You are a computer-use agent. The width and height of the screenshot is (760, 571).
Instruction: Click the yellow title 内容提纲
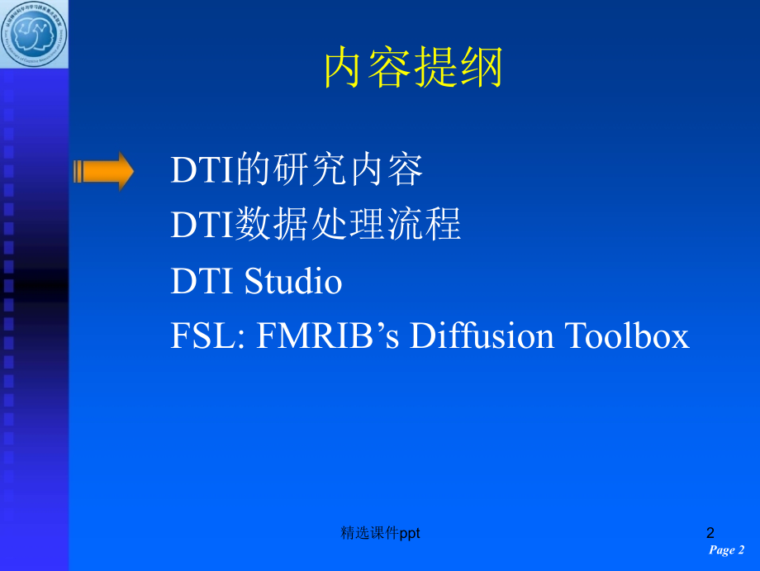click(x=413, y=68)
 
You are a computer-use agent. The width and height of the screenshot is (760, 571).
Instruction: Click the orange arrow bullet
click(x=103, y=171)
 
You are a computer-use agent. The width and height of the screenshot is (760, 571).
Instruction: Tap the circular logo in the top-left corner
click(x=34, y=34)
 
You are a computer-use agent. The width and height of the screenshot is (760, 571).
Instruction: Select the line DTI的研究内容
click(x=297, y=171)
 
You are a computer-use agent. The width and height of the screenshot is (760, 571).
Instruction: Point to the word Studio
click(x=293, y=282)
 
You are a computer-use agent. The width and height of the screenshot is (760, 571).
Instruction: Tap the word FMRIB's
click(x=333, y=336)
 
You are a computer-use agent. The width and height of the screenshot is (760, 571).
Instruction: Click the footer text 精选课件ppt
click(x=381, y=534)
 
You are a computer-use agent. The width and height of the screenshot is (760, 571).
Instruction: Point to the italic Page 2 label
click(x=727, y=550)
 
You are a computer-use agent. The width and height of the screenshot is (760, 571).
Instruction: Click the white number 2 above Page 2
click(x=710, y=533)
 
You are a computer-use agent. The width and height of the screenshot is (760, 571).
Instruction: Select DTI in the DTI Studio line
click(x=203, y=282)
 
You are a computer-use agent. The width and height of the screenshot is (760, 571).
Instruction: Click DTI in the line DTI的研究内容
click(x=203, y=171)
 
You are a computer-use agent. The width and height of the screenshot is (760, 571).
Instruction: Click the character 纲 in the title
click(x=482, y=68)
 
